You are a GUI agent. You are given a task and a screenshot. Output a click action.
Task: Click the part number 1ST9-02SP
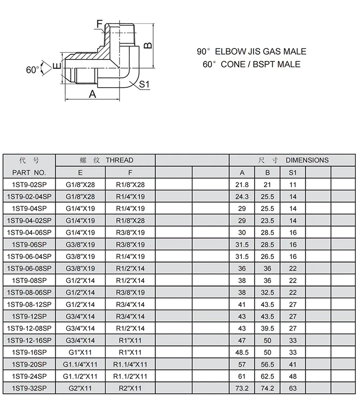click(x=29, y=185)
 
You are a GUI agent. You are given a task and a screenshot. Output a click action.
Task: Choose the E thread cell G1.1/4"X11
click(x=80, y=365)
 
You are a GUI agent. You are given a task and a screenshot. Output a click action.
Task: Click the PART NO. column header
click(x=29, y=172)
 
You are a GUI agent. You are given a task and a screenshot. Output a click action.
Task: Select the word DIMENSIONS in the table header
click(x=307, y=160)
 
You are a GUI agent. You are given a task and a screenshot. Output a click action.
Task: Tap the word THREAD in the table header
click(x=120, y=160)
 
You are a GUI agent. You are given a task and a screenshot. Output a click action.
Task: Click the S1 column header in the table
click(x=293, y=172)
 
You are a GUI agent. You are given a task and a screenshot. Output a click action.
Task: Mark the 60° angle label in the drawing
click(x=32, y=70)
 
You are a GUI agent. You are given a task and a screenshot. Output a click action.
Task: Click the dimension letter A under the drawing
click(x=93, y=95)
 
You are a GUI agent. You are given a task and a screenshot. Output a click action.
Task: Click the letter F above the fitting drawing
click(x=99, y=23)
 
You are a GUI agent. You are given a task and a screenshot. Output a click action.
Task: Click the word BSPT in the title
click(x=261, y=64)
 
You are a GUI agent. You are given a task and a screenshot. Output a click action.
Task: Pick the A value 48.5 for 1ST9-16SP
click(x=241, y=353)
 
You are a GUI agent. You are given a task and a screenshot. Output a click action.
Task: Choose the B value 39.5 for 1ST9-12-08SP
click(x=267, y=328)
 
